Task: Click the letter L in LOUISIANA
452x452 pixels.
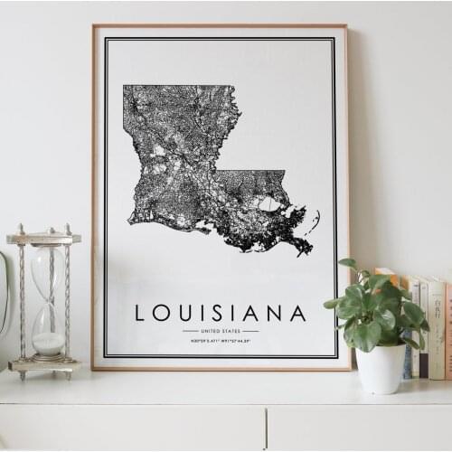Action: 140,313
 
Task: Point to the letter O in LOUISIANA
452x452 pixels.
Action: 162,313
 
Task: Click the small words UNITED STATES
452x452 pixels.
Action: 220,331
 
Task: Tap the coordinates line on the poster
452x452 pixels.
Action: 220,341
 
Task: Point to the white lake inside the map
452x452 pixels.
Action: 268,204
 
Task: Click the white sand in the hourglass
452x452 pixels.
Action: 48,344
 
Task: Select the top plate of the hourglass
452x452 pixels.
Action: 43,240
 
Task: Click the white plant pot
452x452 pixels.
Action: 381,367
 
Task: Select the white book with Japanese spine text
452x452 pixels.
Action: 437,325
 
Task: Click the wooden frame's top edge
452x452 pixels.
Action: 220,26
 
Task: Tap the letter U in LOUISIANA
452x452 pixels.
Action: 186,313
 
